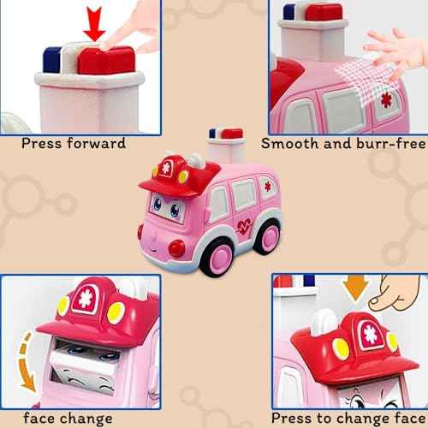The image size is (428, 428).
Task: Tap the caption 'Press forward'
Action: [x=74, y=143]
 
